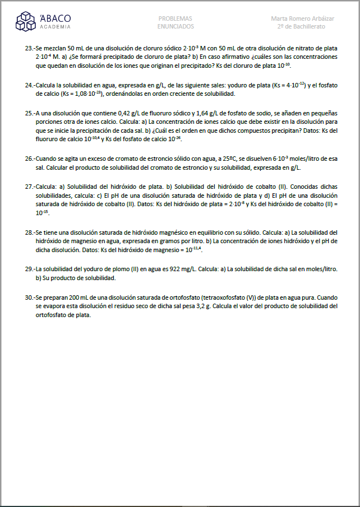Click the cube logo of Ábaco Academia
(26, 21)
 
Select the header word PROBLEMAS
(176, 18)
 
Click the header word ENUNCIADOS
(176, 26)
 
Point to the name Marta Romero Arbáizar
(302, 18)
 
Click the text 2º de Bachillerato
(302, 26)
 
